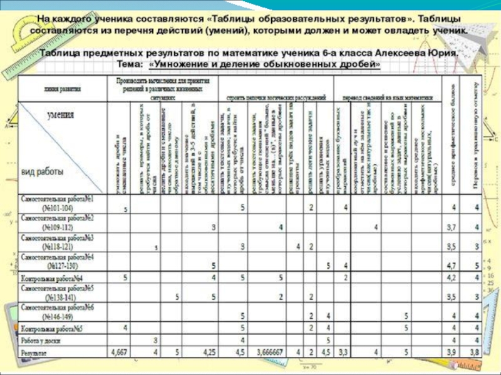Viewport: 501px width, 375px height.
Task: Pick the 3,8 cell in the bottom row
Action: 476,353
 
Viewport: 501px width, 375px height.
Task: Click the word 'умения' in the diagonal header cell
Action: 60,115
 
